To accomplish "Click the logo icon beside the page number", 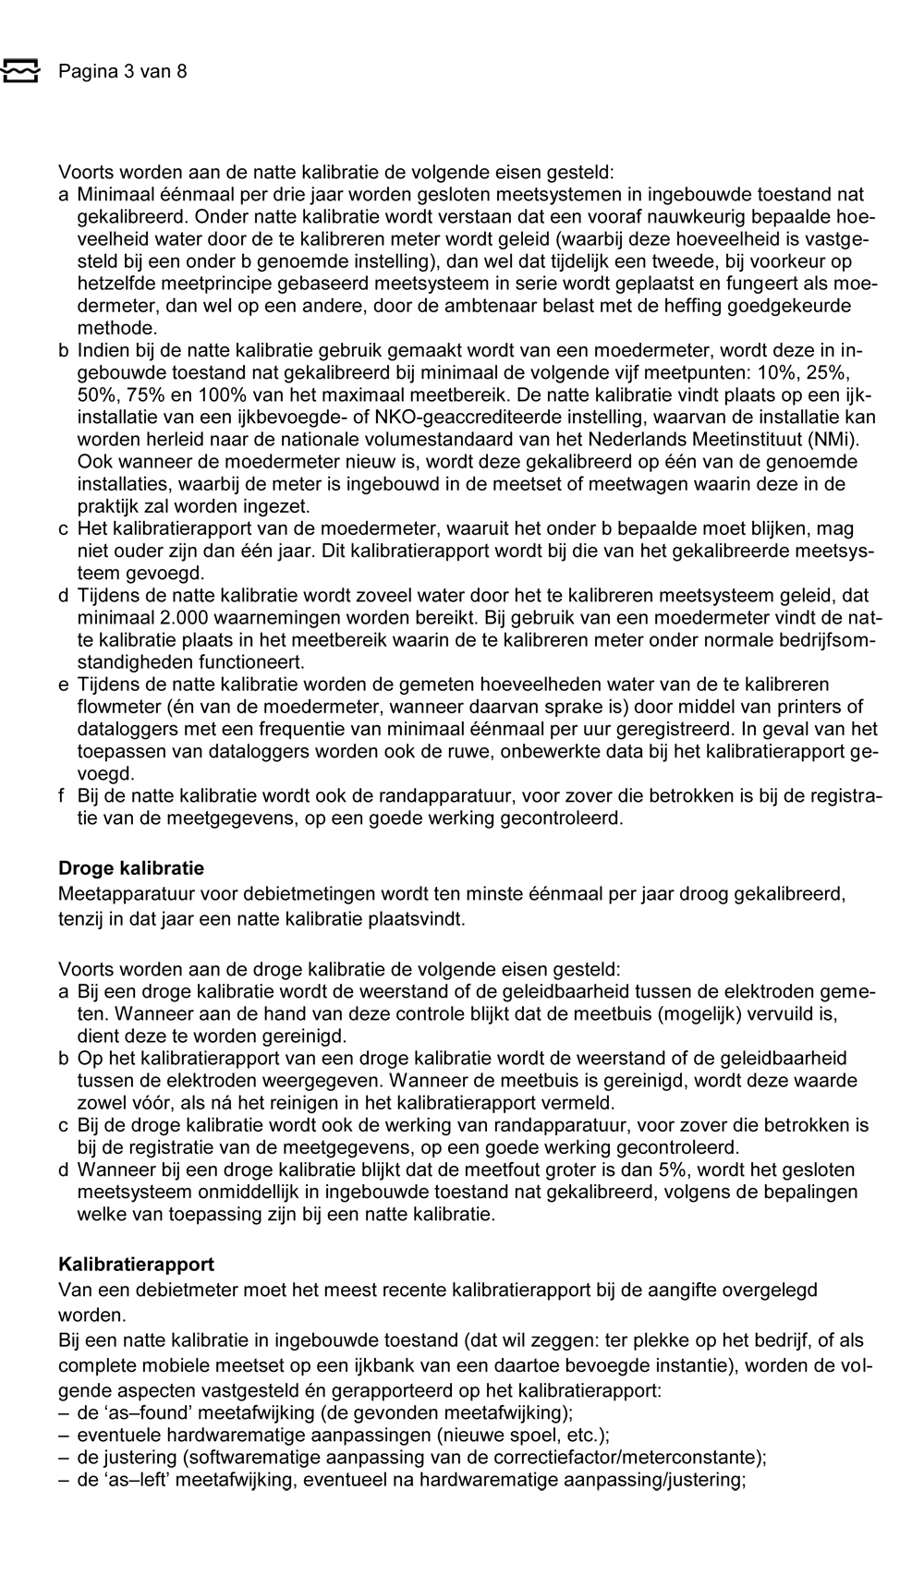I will [20, 71].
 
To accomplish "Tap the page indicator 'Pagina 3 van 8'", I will [122, 71].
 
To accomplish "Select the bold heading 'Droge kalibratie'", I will [131, 868].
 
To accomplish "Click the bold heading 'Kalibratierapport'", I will [136, 1264].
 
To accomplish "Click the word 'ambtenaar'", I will [494, 306].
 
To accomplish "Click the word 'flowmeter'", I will [116, 707].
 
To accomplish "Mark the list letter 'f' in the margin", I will [63, 796].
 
